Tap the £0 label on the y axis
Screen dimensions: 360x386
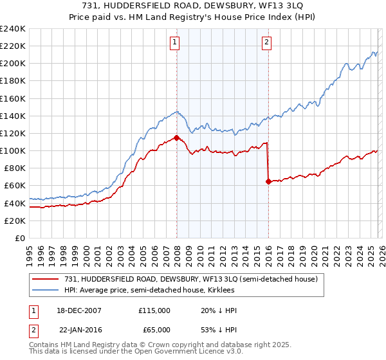[19, 238]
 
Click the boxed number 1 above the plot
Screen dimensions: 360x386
[174, 43]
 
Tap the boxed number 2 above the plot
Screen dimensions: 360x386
[266, 43]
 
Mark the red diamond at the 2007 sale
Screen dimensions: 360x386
[176, 138]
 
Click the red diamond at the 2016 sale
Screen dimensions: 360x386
[268, 181]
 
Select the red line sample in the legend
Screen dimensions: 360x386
[46, 279]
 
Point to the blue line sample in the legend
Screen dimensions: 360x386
[46, 291]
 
